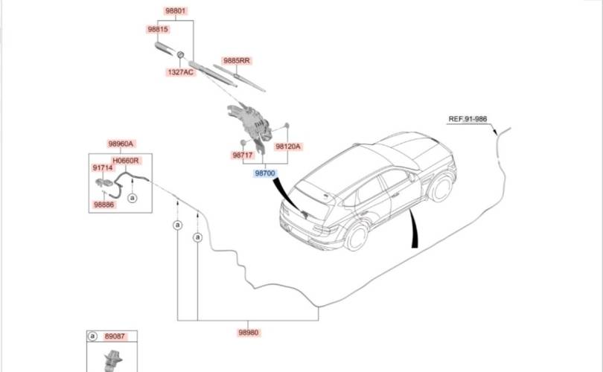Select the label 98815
point(158,29)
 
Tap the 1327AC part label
point(180,72)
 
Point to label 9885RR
point(236,60)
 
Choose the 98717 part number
point(243,155)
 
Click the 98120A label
point(288,147)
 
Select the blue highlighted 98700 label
point(265,173)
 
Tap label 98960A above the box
point(121,144)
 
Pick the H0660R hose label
point(126,160)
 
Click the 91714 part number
point(103,168)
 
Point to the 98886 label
point(103,204)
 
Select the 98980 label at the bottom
point(249,333)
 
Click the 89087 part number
point(113,336)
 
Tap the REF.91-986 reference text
point(468,119)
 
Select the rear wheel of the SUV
point(357,237)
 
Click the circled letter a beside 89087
point(92,336)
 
